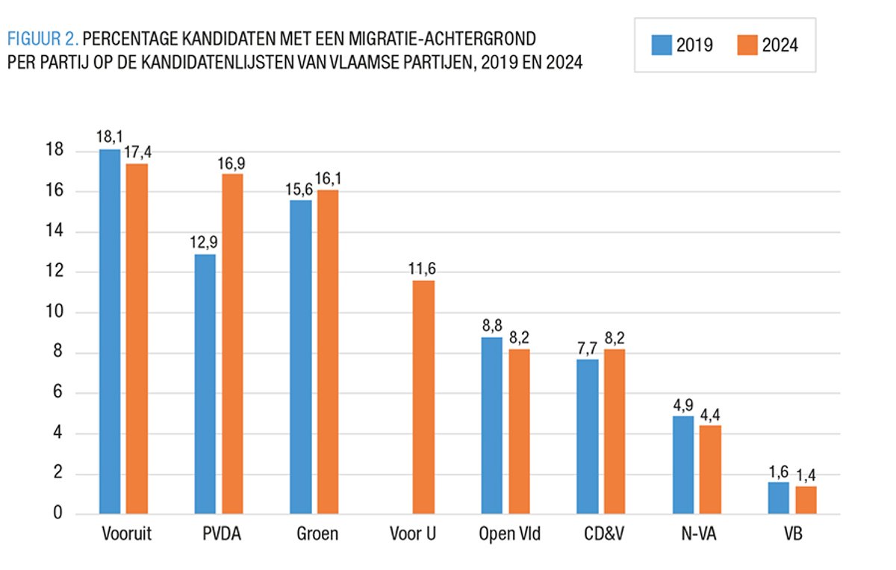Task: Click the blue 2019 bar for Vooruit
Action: pyautogui.click(x=110, y=331)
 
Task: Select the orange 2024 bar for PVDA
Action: pyautogui.click(x=232, y=343)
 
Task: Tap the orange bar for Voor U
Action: pyautogui.click(x=423, y=397)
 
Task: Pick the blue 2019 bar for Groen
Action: pyautogui.click(x=301, y=357)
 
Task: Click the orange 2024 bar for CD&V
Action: pyautogui.click(x=615, y=431)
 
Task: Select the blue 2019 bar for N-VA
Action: pyautogui.click(x=683, y=465)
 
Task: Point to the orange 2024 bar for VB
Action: pyautogui.click(x=806, y=500)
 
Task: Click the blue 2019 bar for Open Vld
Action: pyautogui.click(x=492, y=425)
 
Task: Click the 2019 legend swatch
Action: pyautogui.click(x=661, y=45)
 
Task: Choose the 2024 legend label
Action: pyautogui.click(x=780, y=45)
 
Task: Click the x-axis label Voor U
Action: pyautogui.click(x=413, y=534)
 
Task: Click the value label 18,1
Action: pyautogui.click(x=109, y=137)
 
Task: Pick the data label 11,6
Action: pyautogui.click(x=423, y=269)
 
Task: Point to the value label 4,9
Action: pyautogui.click(x=683, y=404)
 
